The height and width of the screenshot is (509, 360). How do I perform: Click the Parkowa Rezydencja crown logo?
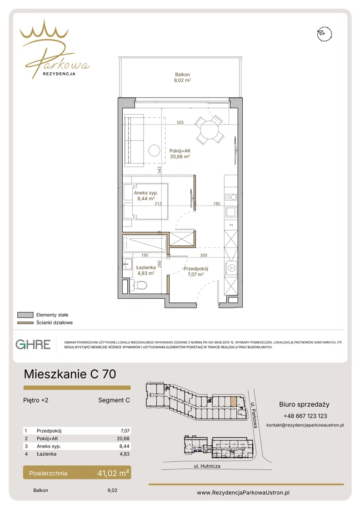point(55,49)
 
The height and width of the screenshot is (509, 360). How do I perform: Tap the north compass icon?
point(325,34)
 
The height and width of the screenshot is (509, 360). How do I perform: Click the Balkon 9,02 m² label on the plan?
point(182,77)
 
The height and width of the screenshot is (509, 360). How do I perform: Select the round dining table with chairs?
point(210,130)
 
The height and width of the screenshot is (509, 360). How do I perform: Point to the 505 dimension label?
point(180,122)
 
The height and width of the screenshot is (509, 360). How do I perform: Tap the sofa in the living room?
point(134,140)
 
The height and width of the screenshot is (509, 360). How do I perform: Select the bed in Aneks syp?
point(145,201)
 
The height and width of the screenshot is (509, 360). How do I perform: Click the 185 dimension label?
point(217,203)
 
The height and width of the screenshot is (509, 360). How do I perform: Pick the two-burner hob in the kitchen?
point(231,197)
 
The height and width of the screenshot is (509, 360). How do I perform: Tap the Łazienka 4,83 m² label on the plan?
point(146,270)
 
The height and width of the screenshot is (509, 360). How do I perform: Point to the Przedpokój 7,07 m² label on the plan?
point(195,272)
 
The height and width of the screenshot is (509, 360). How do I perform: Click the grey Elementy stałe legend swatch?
point(25,315)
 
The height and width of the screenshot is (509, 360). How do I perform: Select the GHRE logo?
point(33,344)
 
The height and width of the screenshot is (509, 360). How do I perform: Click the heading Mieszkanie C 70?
point(70,374)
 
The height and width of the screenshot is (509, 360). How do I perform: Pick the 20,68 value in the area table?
point(123,438)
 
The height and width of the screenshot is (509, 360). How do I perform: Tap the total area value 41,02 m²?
point(113,473)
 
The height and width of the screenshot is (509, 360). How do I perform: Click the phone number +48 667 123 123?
point(305,416)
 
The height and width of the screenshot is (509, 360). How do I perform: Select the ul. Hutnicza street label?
point(207,466)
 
